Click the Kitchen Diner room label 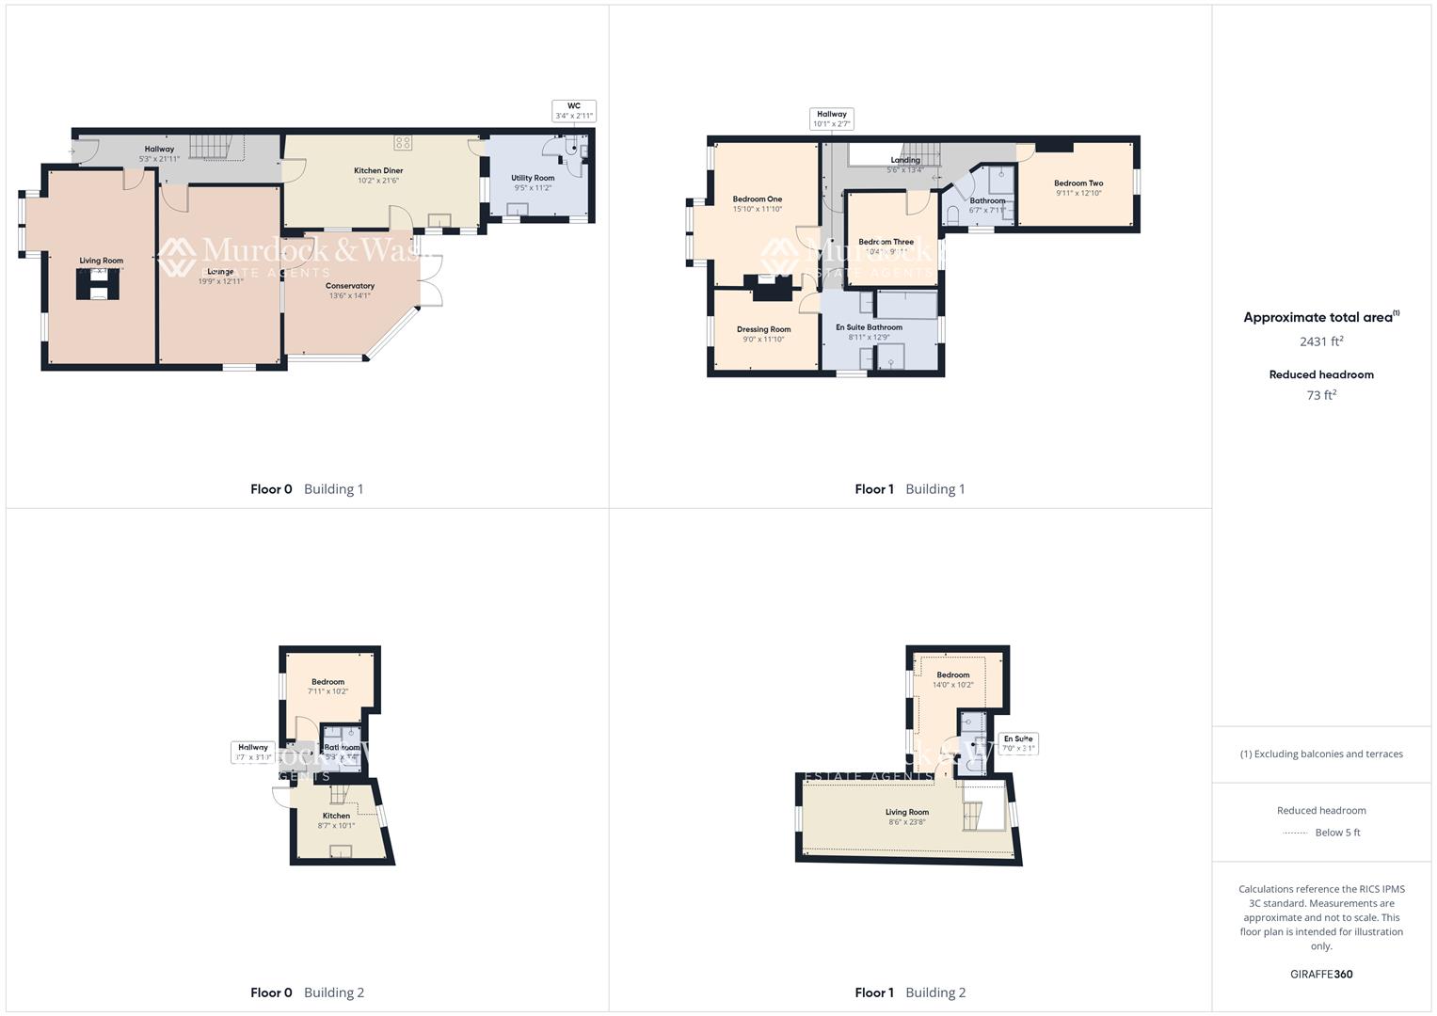pos(378,175)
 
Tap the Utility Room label pos(533,183)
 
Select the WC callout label pos(574,111)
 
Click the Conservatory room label pos(350,290)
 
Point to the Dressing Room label pos(763,334)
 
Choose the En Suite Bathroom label pos(869,332)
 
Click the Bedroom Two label pos(1078,188)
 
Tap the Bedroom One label pos(758,203)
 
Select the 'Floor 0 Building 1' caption pos(307,489)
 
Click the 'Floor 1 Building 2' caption pos(910,992)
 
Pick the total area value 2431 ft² pos(1321,341)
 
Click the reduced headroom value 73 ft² pos(1321,395)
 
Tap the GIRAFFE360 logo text pos(1321,975)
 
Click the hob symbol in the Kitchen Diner pos(403,143)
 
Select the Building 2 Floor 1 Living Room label pos(907,817)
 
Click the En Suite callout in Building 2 pos(1018,744)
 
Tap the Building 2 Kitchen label pos(336,820)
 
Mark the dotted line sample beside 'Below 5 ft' pos(1296,833)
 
